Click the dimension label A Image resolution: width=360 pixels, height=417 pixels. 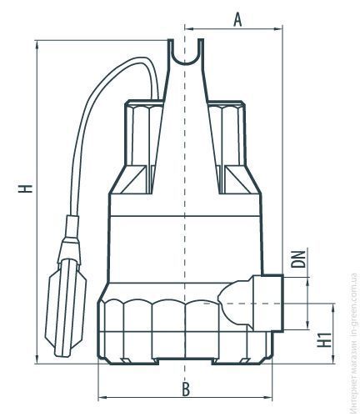pyautogui.click(x=237, y=20)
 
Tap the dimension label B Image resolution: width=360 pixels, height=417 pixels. pyautogui.click(x=186, y=389)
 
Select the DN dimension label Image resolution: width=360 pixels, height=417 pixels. pyautogui.click(x=297, y=259)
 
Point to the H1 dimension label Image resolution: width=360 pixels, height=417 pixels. pyautogui.click(x=324, y=339)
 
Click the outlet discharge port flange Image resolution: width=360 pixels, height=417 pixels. pyautogui.click(x=268, y=303)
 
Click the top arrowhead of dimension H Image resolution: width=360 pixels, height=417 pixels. pyautogui.click(x=37, y=45)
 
